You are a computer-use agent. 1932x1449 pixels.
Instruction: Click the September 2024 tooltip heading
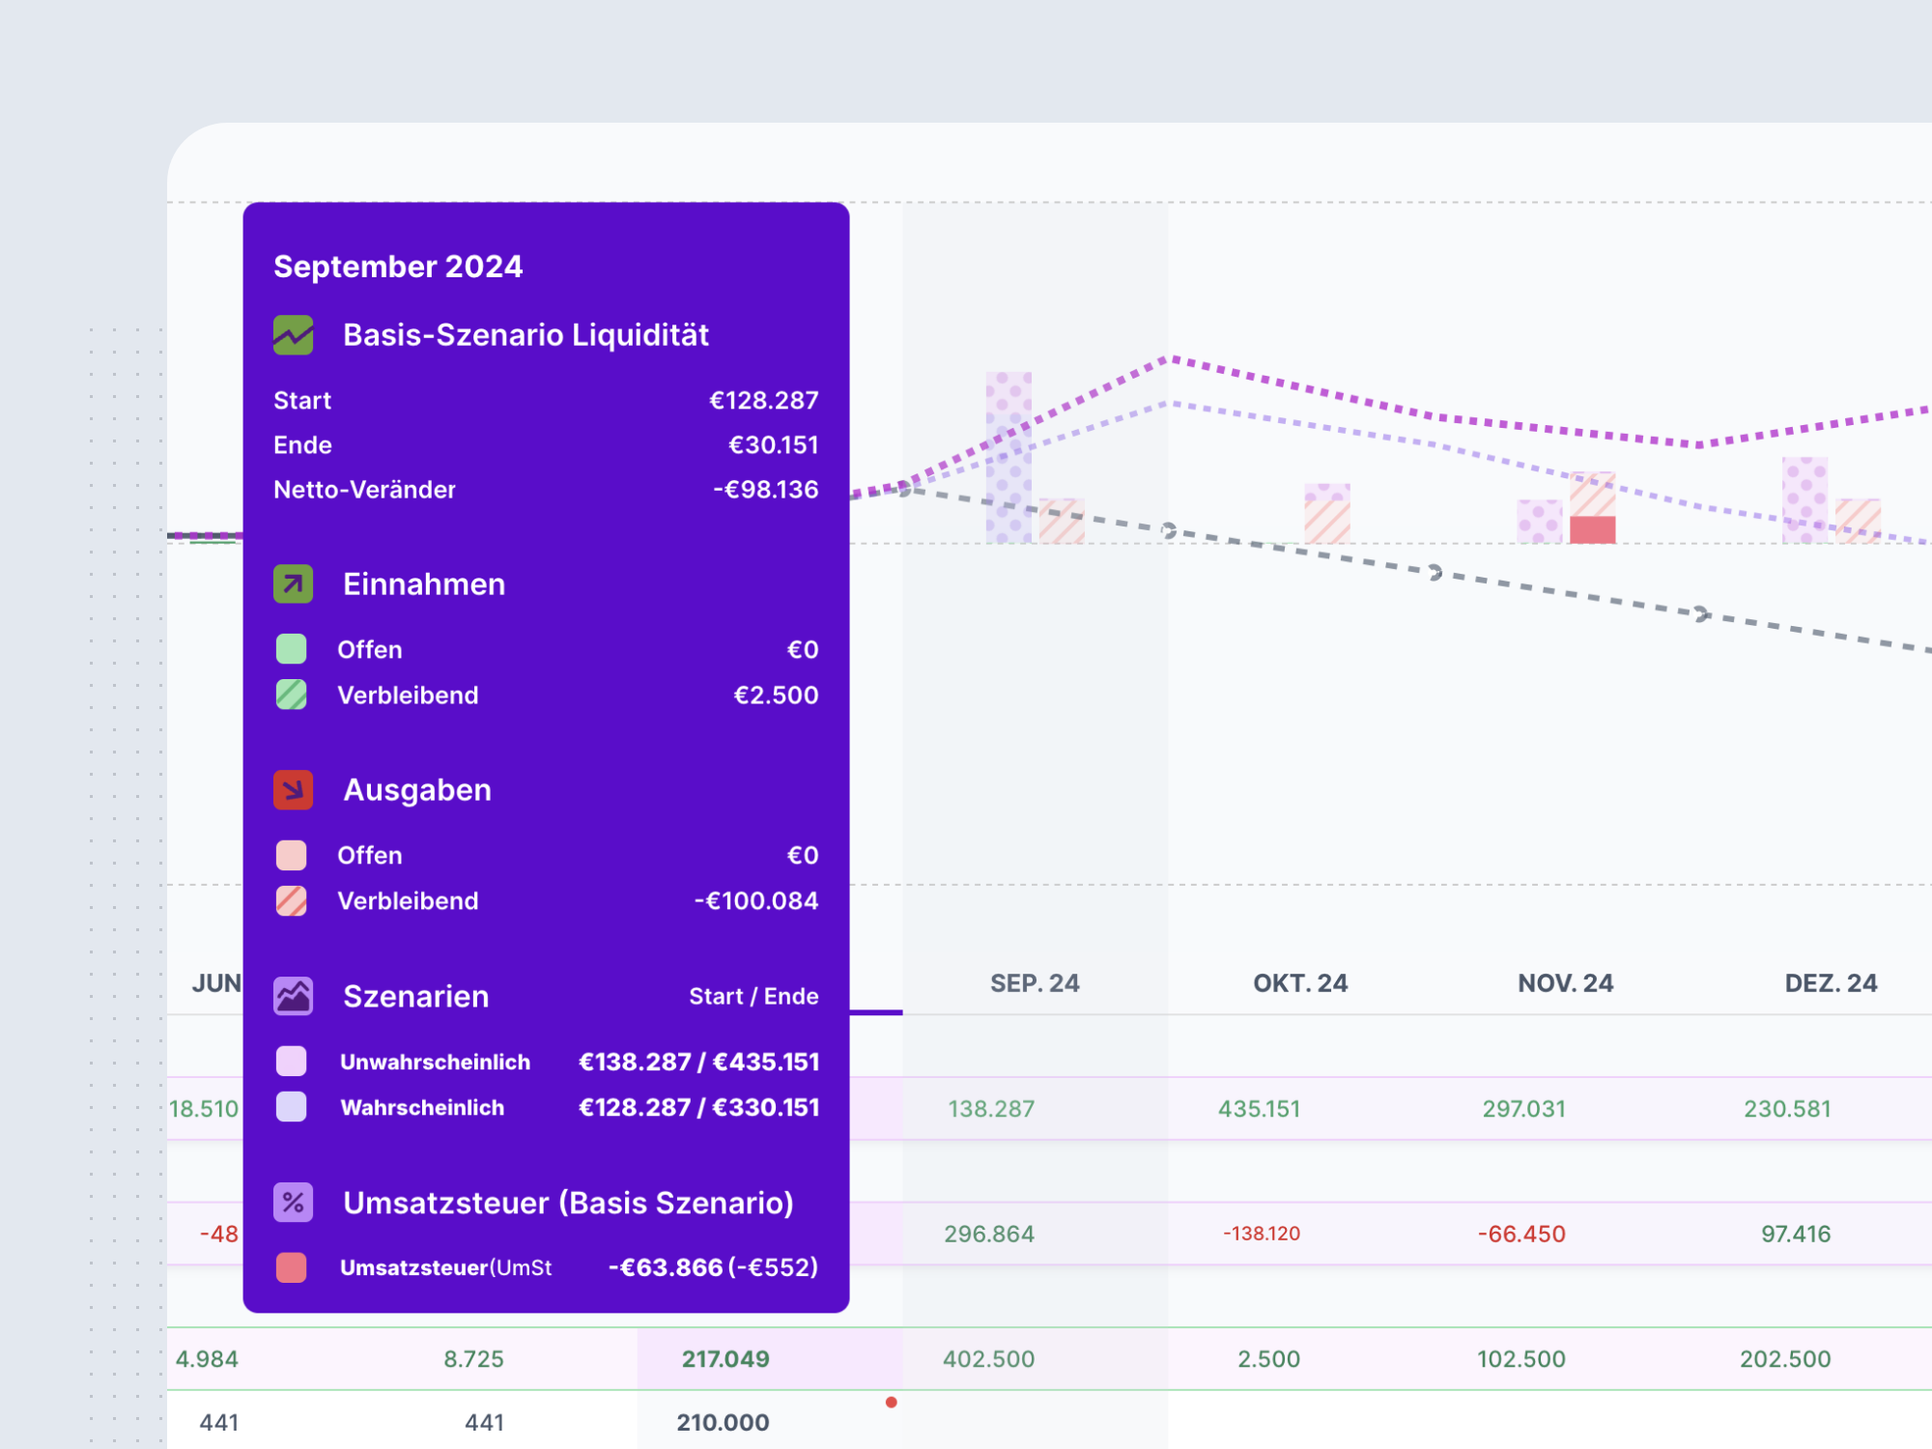[398, 267]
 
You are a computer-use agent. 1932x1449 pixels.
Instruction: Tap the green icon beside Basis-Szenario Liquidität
[293, 335]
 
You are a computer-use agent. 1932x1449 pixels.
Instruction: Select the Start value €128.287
[763, 400]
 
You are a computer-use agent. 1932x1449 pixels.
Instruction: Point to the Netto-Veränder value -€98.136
[765, 490]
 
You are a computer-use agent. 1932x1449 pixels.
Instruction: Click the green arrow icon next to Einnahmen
[293, 584]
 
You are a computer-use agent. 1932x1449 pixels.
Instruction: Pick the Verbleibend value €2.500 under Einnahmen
[775, 696]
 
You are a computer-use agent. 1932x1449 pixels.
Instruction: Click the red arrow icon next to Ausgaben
[293, 790]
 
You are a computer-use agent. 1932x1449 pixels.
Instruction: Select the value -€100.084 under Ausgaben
[755, 901]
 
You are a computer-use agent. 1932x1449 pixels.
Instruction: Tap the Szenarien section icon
[293, 996]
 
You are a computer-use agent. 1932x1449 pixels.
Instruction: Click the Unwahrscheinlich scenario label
[435, 1063]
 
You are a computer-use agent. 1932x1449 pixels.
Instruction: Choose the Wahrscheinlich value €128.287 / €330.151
[697, 1108]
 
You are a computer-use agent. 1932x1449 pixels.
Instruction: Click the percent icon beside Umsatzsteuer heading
[293, 1203]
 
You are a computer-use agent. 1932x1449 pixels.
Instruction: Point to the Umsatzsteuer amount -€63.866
[666, 1267]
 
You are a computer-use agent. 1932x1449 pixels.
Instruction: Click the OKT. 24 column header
[1299, 983]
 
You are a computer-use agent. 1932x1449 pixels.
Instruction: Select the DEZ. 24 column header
[1830, 983]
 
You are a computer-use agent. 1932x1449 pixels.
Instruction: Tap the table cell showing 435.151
[1259, 1109]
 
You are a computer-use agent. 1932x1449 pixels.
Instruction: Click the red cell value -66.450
[1520, 1235]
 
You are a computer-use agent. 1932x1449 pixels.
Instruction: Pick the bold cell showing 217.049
[725, 1359]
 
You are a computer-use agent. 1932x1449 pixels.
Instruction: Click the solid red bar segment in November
[1592, 529]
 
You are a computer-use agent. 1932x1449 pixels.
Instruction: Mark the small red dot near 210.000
[891, 1402]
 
